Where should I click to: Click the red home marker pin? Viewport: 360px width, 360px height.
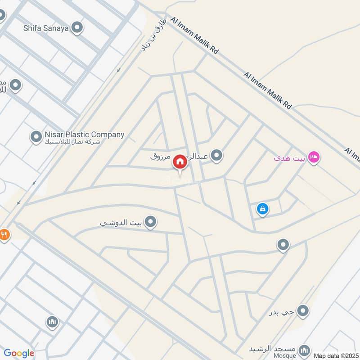pos(180,162)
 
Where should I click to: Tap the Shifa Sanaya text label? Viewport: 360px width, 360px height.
pos(46,28)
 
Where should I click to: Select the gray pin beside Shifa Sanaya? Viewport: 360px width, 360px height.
pos(78,28)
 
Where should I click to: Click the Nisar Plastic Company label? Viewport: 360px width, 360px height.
pos(84,135)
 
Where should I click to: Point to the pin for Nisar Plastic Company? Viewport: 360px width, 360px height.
pos(36,137)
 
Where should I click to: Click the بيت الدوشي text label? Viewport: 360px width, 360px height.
pos(121,223)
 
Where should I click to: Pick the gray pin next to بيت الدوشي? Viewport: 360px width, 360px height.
pos(151,221)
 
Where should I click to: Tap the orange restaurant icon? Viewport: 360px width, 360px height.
pos(4,234)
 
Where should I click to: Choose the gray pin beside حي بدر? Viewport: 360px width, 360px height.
pos(304,310)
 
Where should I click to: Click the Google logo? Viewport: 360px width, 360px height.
pos(19,353)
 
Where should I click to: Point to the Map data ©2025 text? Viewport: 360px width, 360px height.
pos(335,355)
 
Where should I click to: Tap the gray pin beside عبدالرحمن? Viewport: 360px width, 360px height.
pos(217,156)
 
